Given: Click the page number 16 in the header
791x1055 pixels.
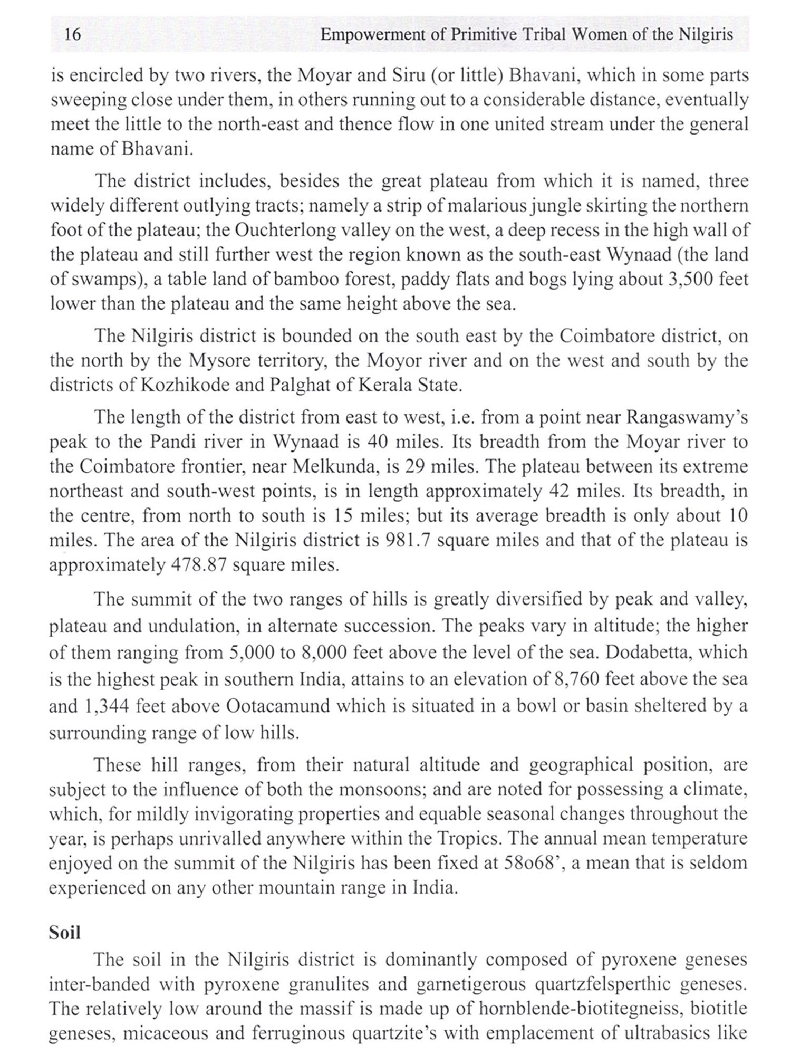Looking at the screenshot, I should tap(72, 35).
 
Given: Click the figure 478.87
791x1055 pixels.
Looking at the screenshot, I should tap(199, 565).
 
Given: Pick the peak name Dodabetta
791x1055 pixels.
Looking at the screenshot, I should tap(650, 652).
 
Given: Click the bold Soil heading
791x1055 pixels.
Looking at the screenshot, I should tap(65, 933).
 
